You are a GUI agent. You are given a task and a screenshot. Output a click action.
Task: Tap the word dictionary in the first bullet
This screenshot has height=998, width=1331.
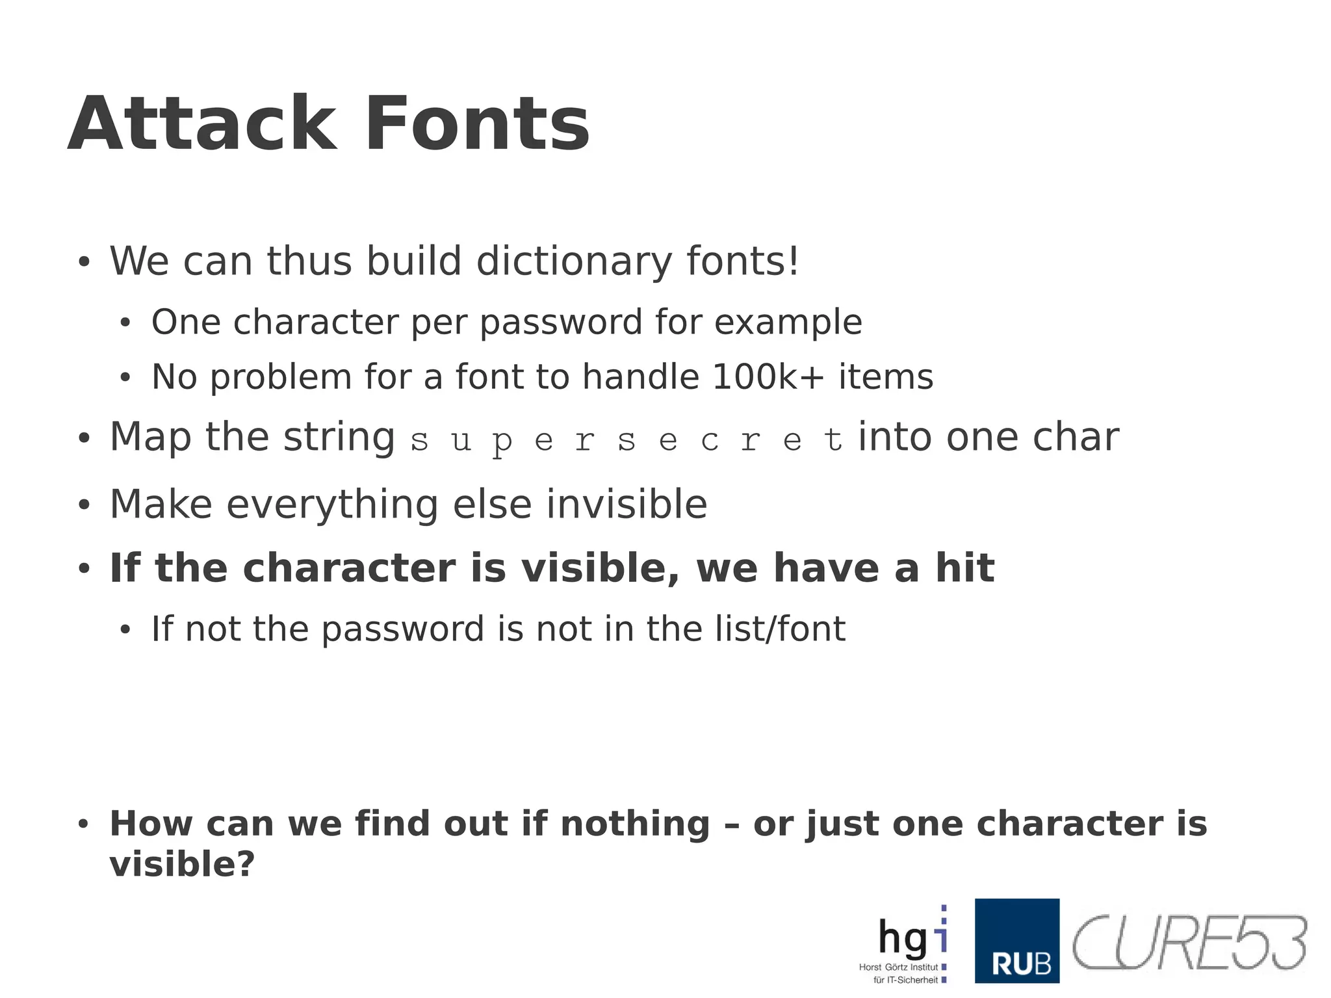574,261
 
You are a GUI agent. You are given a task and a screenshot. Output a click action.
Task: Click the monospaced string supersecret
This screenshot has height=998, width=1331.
627,441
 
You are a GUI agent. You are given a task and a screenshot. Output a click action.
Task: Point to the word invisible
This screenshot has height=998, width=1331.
627,505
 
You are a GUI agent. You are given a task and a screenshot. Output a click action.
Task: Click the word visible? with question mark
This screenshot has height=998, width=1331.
182,865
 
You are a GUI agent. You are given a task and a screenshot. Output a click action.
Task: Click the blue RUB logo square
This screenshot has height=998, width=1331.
1016,940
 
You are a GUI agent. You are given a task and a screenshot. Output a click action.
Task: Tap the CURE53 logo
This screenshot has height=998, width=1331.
1189,943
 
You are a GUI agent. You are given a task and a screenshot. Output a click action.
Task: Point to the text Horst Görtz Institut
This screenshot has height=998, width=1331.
898,967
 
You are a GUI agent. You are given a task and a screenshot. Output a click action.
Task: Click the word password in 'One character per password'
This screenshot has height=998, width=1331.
561,323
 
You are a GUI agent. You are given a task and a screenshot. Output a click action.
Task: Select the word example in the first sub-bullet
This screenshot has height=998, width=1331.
788,323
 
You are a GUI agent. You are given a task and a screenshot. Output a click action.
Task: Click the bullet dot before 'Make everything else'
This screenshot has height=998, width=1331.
83,506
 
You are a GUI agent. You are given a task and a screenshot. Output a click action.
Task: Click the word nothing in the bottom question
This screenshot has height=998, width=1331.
634,824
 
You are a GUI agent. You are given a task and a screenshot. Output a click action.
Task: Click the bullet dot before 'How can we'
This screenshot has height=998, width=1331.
83,824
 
